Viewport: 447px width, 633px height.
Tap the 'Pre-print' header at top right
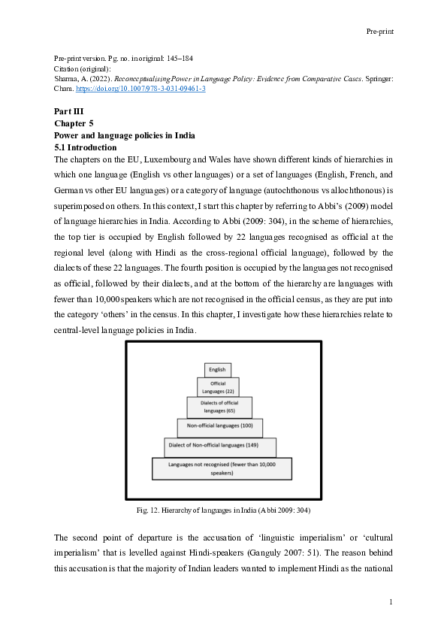coord(380,32)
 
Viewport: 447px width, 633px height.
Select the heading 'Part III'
coord(68,111)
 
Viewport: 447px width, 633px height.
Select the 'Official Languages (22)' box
coord(218,387)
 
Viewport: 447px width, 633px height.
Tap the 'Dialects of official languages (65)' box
coord(219,407)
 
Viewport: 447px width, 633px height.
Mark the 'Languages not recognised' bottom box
coord(222,469)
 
